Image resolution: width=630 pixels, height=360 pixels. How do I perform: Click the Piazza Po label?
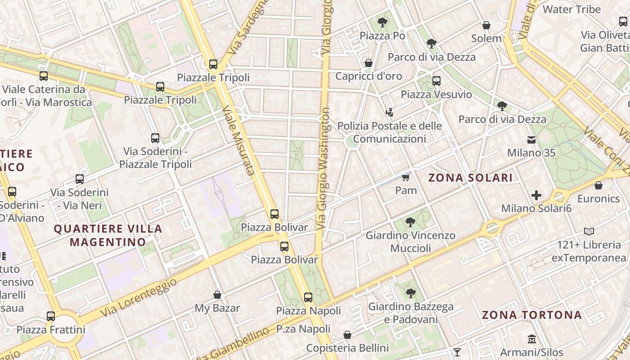382,36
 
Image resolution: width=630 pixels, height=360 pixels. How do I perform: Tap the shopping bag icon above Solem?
486,25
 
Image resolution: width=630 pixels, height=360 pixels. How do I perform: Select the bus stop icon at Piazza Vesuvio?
436,81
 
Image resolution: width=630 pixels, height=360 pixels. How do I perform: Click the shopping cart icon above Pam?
405,177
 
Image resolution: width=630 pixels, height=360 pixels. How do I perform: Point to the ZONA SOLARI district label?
470,178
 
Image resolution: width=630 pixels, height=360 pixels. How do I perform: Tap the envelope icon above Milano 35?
531,140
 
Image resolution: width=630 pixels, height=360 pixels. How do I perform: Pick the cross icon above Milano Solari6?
536,195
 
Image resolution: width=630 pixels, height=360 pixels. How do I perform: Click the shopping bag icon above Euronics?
598,185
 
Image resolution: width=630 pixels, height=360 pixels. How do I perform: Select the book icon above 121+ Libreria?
589,232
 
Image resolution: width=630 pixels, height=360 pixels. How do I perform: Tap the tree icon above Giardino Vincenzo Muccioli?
410,222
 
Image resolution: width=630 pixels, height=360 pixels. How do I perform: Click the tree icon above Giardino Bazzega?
410,293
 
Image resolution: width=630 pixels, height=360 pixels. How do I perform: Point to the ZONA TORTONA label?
531,315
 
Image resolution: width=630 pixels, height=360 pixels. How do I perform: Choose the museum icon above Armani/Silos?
531,339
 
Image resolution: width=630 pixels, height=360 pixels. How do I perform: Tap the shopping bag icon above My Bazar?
217,295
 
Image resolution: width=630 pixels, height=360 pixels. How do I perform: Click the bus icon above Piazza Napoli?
308,297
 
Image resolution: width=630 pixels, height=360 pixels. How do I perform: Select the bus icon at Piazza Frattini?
51,316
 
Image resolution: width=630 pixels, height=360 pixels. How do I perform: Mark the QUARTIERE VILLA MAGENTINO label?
108,235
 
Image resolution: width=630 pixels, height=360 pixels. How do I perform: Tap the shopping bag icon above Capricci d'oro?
369,63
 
